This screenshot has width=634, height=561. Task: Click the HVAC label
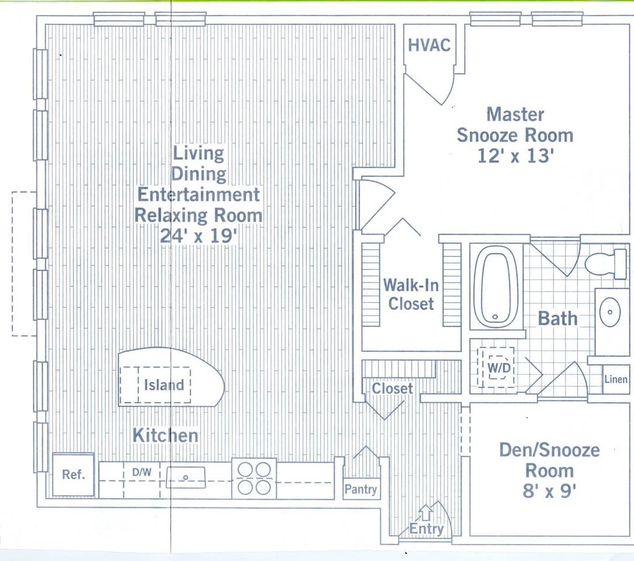(x=429, y=45)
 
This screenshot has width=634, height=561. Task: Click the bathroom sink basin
(x=610, y=313)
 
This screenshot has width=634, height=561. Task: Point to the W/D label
(x=499, y=368)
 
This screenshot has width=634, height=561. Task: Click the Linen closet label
(x=616, y=379)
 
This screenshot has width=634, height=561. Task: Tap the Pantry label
(x=361, y=489)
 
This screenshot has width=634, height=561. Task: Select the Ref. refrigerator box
(x=74, y=475)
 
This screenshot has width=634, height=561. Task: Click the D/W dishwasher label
(x=142, y=472)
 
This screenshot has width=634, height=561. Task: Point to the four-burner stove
(x=254, y=479)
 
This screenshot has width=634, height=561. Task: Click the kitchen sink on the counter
(x=185, y=477)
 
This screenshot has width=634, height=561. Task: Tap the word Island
(x=164, y=385)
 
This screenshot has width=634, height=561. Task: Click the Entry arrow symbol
(x=426, y=513)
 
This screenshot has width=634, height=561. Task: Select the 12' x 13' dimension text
(x=515, y=155)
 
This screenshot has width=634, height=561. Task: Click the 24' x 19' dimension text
(x=198, y=236)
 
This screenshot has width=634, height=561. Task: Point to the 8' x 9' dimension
(x=549, y=491)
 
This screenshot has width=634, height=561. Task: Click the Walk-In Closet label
(x=411, y=295)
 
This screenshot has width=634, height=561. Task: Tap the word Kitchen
(x=166, y=435)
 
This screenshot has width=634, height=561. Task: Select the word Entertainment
(x=198, y=195)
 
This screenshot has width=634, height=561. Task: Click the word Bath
(x=557, y=318)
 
